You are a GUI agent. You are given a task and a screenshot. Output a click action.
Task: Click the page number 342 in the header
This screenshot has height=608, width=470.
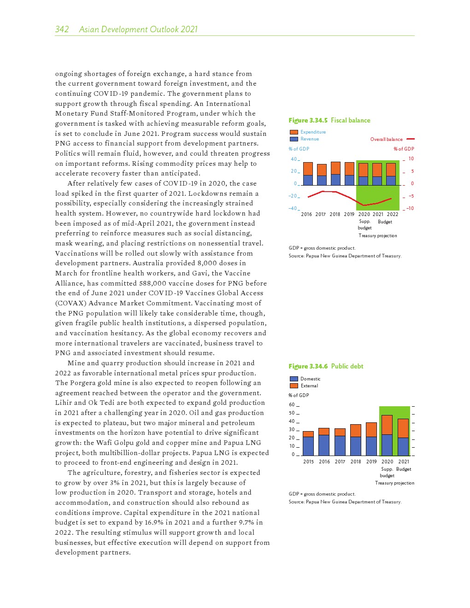point(62,29)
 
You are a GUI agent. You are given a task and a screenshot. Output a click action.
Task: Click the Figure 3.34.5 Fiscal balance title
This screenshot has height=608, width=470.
point(329,120)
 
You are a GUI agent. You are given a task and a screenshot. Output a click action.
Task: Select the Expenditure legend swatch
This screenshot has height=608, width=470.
point(294,132)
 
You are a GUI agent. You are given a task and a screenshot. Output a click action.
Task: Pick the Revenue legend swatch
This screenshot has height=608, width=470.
point(294,139)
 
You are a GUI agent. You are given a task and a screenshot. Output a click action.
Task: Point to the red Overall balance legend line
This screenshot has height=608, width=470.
point(411,139)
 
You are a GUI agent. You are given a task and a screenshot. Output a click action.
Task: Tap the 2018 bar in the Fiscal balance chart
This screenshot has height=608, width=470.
point(335,174)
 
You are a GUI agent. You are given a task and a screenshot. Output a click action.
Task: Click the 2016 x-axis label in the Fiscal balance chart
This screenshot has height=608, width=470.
point(306,214)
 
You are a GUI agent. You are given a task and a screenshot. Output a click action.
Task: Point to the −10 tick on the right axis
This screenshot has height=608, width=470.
point(410,209)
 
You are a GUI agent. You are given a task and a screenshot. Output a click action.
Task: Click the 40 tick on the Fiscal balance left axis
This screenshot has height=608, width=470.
point(294,159)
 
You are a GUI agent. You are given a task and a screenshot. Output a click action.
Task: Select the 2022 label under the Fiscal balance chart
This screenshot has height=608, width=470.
point(393,214)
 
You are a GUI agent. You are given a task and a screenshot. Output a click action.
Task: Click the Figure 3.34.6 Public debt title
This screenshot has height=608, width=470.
point(326,366)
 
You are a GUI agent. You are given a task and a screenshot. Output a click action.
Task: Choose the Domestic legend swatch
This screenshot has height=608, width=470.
point(294,379)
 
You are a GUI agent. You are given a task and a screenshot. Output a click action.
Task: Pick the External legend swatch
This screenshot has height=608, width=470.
point(294,386)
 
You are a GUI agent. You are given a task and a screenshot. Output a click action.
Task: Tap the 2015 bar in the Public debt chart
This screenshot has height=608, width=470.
point(308,444)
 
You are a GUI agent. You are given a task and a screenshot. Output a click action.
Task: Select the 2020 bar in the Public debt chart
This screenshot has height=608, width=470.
point(387,435)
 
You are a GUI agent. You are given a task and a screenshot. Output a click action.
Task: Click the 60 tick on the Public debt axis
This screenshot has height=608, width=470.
point(292,405)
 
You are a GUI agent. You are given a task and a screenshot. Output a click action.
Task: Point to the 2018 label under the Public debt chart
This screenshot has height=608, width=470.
point(356,462)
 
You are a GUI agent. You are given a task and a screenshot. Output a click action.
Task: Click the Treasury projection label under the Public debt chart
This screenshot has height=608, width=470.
point(394,483)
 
